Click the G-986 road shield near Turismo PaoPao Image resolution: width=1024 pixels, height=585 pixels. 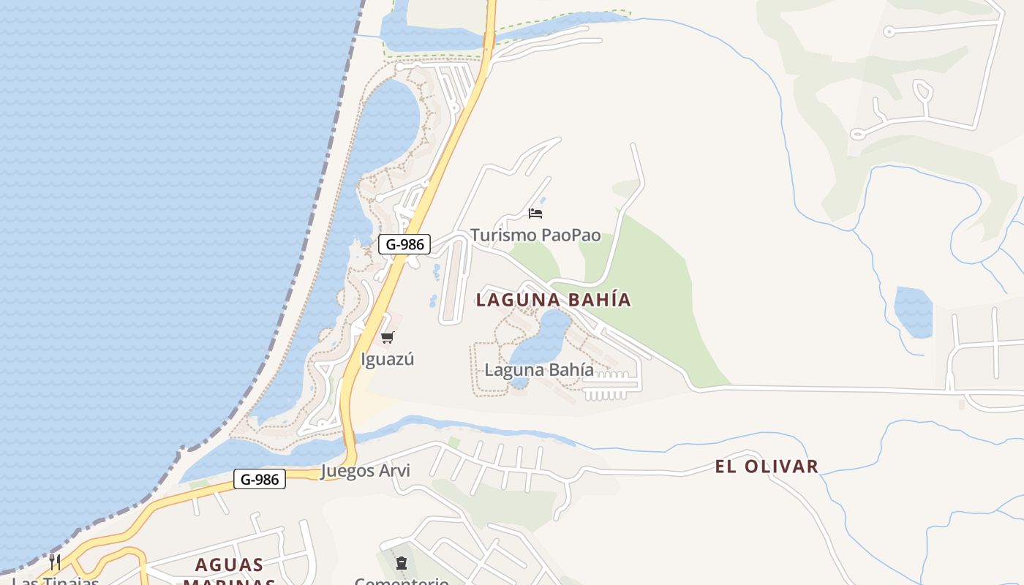tap(404, 244)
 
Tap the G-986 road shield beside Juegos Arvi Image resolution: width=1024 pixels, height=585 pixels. tap(260, 480)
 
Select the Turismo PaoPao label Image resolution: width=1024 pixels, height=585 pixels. tap(535, 235)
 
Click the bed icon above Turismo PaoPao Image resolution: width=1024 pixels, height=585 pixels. tap(535, 214)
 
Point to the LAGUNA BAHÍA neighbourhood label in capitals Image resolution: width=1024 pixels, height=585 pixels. tap(553, 300)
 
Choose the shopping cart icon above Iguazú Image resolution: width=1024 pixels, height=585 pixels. tap(388, 337)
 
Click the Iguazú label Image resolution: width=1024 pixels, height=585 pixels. tap(388, 359)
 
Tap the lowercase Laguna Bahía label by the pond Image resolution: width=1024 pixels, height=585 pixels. tap(539, 370)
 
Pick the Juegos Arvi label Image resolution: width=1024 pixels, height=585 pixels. tap(365, 471)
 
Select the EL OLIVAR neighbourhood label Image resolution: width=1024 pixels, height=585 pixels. tap(767, 467)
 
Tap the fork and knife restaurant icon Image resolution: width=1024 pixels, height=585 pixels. tap(55, 562)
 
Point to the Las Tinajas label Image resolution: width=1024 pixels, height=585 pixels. tap(56, 581)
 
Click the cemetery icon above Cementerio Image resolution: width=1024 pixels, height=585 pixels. tap(401, 563)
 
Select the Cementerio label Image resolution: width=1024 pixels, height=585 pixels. tap(401, 581)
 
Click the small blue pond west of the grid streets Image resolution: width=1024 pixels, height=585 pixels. tap(913, 312)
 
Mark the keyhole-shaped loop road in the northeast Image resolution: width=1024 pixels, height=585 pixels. tap(922, 91)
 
